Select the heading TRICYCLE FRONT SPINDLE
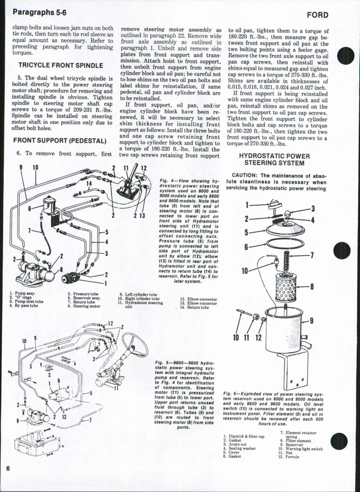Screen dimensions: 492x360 click(x=60, y=65)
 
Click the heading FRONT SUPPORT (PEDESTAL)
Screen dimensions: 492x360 click(x=60, y=141)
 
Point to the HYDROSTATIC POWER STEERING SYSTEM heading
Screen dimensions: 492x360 click(x=274, y=160)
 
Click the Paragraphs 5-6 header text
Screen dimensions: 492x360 click(x=39, y=12)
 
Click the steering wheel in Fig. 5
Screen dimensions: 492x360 click(x=135, y=344)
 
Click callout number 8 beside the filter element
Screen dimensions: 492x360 click(x=311, y=286)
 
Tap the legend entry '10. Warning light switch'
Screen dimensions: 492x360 click(x=300, y=449)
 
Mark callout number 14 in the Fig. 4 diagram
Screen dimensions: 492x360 click(x=88, y=183)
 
